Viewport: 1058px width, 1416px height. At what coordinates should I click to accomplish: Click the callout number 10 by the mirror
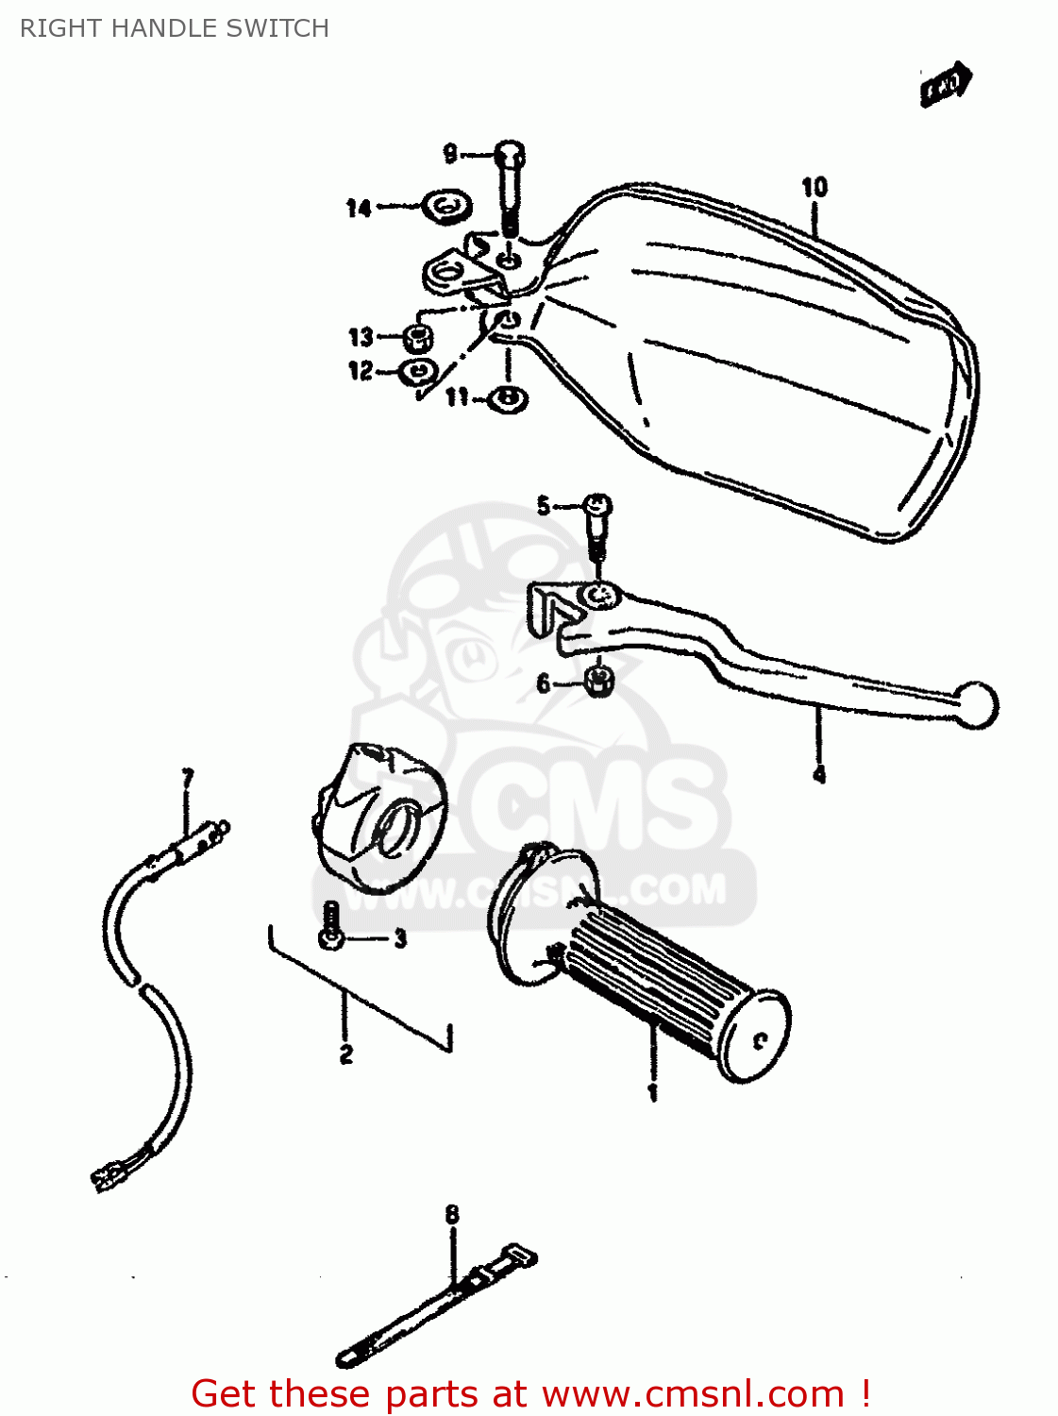[x=814, y=187]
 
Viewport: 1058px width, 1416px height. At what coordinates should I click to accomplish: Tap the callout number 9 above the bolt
[x=450, y=153]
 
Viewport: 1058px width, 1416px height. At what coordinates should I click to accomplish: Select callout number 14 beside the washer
[x=358, y=208]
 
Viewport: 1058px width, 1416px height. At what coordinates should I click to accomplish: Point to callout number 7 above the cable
[x=188, y=778]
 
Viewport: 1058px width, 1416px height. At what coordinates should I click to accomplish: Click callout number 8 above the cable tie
[x=452, y=1214]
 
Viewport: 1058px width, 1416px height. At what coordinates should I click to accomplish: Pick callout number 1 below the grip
[x=652, y=1093]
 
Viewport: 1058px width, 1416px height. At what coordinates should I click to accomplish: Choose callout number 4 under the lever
[x=819, y=775]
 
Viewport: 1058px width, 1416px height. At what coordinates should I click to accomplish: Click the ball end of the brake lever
[x=976, y=705]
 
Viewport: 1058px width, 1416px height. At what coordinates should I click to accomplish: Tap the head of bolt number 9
[x=510, y=153]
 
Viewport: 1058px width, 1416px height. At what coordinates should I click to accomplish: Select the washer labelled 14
[x=446, y=205]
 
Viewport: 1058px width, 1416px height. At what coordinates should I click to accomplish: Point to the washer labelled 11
[x=509, y=398]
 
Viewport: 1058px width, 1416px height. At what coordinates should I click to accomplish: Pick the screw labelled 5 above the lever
[x=597, y=507]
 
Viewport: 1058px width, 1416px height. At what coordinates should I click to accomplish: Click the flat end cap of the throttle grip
[x=756, y=1036]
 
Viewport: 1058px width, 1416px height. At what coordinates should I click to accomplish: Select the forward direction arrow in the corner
[x=946, y=84]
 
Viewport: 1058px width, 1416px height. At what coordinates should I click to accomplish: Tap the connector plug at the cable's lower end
[x=108, y=1175]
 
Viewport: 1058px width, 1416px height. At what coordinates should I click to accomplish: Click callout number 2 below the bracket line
[x=346, y=1054]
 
